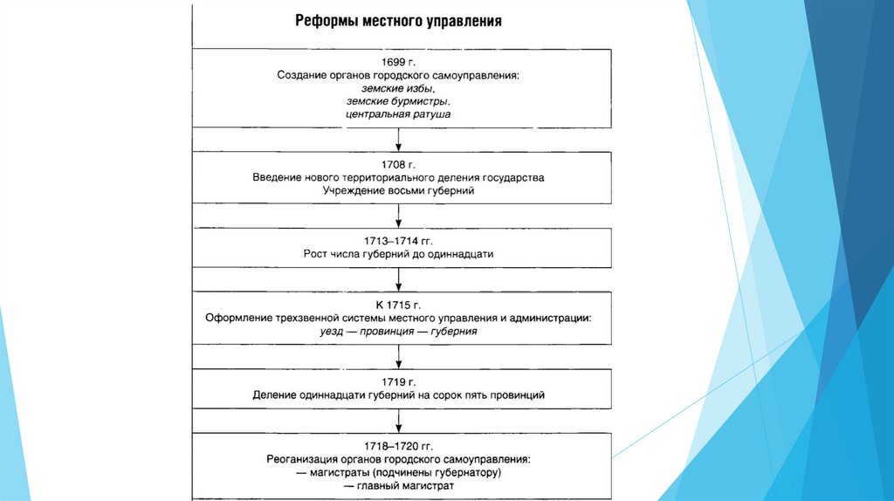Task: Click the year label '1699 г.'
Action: (x=398, y=62)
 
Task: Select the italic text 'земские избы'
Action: (x=397, y=89)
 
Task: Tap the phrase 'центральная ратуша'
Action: (x=398, y=114)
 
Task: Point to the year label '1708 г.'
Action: (x=398, y=163)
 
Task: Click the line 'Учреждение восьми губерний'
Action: (x=398, y=190)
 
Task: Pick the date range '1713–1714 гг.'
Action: (x=398, y=239)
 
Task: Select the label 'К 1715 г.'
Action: (x=398, y=305)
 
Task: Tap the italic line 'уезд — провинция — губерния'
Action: (x=398, y=332)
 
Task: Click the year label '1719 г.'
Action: (x=398, y=381)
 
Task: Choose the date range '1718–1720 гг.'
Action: (x=398, y=445)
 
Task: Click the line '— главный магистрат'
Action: (x=398, y=485)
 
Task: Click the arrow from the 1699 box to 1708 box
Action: (x=398, y=140)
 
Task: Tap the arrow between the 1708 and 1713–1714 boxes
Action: (x=398, y=216)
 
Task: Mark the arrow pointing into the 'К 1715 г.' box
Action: (x=398, y=279)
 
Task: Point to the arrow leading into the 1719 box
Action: (x=398, y=355)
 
